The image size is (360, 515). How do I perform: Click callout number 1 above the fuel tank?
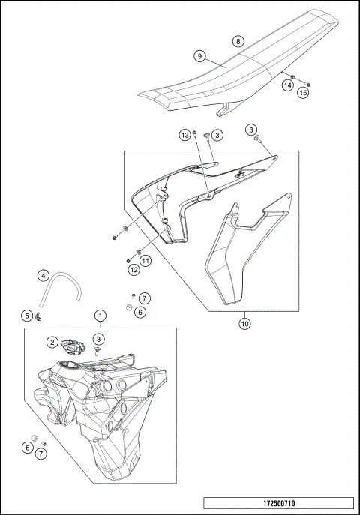click(x=98, y=316)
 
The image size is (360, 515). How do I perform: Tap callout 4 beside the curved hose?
click(x=43, y=275)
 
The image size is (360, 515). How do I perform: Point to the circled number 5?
click(x=25, y=315)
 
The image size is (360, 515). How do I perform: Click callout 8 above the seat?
click(x=238, y=42)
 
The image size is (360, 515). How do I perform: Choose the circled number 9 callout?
click(x=200, y=56)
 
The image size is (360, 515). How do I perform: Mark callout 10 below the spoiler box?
click(x=244, y=324)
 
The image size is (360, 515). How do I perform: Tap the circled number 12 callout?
click(x=133, y=268)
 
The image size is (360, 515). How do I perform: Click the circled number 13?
click(x=184, y=135)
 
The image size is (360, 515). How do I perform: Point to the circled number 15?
click(x=303, y=93)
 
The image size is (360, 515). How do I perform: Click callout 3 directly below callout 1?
click(x=98, y=340)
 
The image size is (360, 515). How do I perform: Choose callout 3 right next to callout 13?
click(x=216, y=135)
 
